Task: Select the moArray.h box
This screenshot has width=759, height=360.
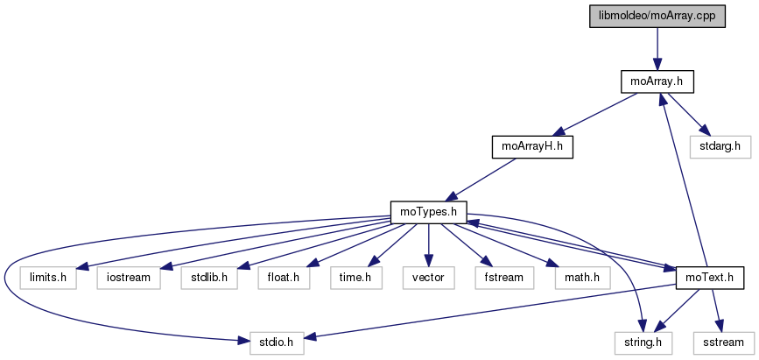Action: tap(657, 81)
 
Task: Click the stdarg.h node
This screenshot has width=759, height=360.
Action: tap(720, 146)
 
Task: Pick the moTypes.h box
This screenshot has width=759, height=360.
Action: tap(428, 211)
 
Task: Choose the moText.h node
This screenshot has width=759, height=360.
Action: tap(710, 278)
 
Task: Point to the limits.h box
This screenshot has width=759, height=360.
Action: tap(48, 278)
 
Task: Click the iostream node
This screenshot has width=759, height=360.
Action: tap(130, 278)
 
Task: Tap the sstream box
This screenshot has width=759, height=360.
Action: tap(722, 342)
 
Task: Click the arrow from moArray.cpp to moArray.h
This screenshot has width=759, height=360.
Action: tap(657, 49)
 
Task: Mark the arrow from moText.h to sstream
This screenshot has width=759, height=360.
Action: tap(716, 310)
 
